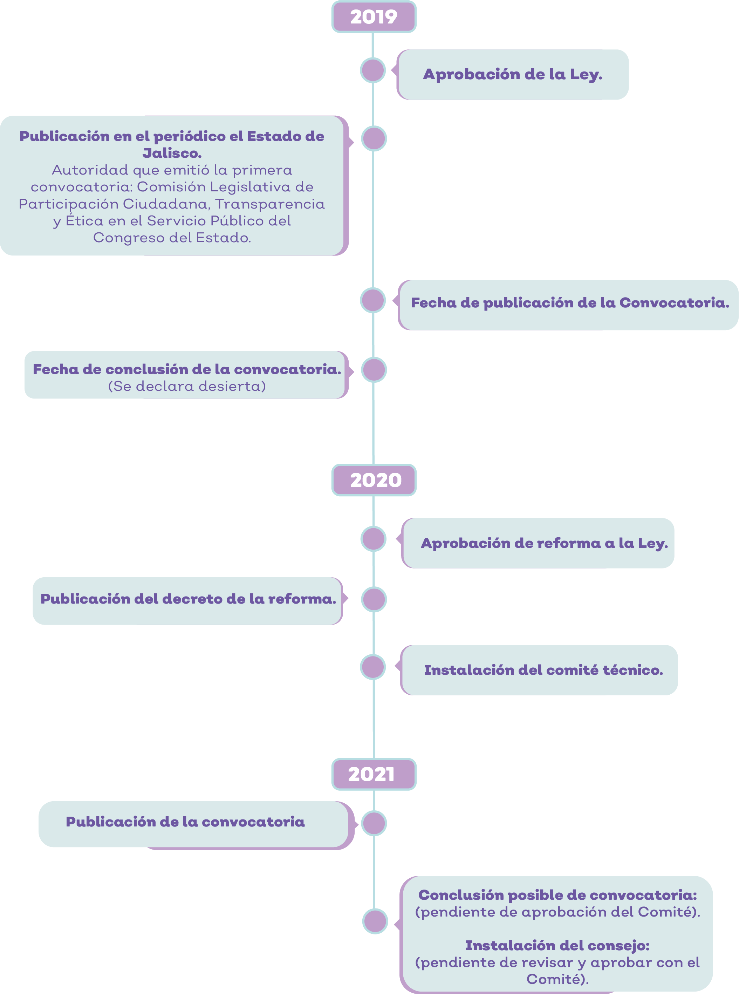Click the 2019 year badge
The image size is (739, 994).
[x=374, y=16]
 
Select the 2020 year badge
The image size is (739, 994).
[x=374, y=480]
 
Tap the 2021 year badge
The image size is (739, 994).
[x=374, y=774]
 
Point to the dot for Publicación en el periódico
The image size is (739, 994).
[x=374, y=139]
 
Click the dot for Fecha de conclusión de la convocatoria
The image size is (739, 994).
[x=374, y=370]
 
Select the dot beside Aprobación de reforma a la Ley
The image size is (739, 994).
[x=374, y=539]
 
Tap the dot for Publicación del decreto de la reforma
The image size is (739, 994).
[x=374, y=599]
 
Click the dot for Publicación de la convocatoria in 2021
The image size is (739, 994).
[x=374, y=823]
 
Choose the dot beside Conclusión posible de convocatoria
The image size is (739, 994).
[x=375, y=921]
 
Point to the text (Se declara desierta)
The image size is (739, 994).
[x=187, y=386]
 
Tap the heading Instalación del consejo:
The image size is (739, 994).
[x=557, y=945]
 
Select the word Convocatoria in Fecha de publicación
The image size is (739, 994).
[x=674, y=303]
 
